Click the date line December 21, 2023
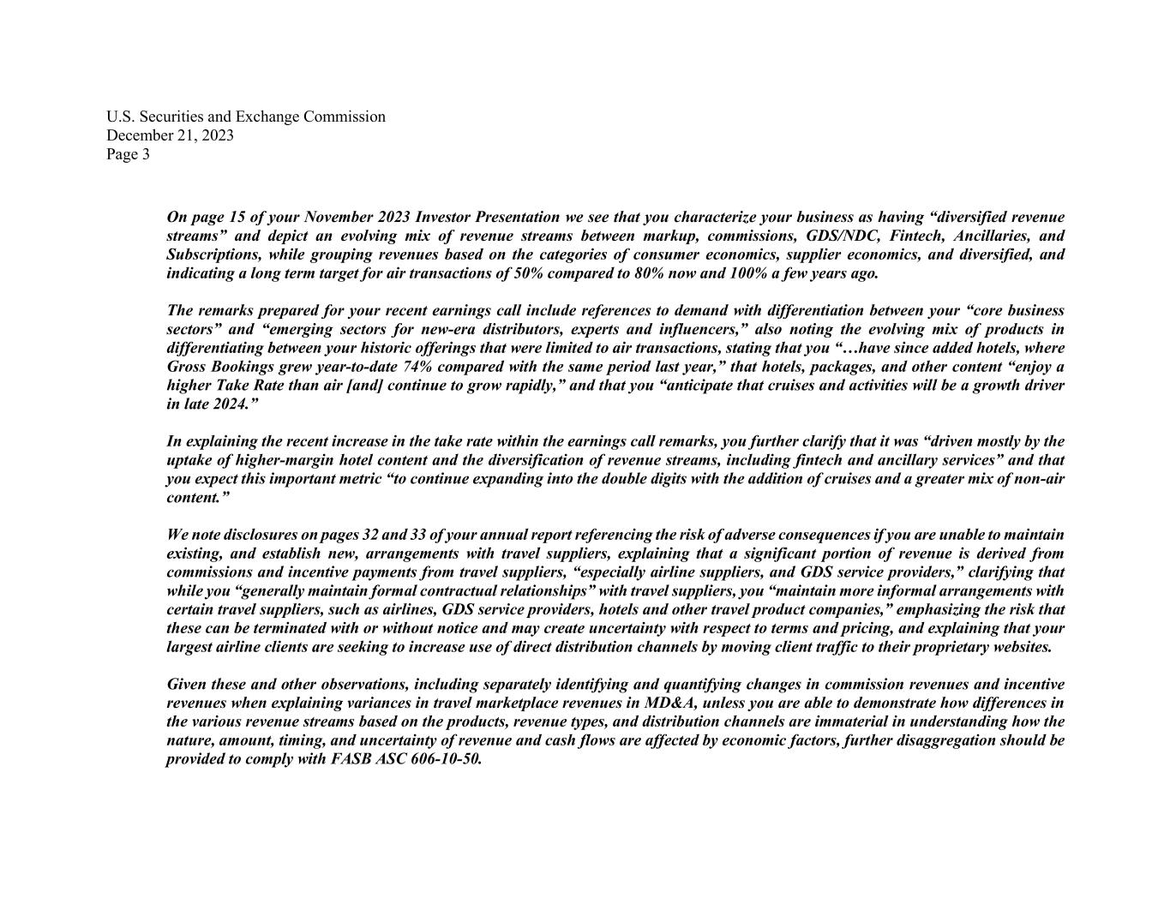coord(170,135)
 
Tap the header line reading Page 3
coord(128,154)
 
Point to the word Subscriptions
coord(213,255)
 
